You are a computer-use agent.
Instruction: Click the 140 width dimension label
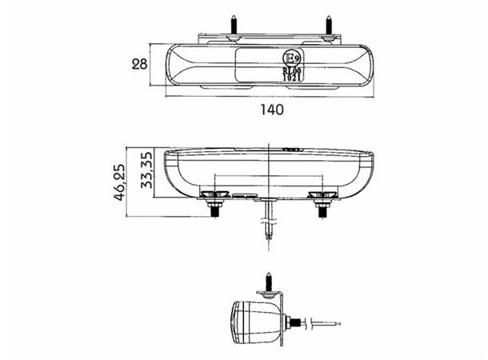coord(272,110)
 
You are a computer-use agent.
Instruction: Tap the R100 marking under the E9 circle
coord(293,70)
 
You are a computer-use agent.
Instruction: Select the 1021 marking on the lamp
coord(293,78)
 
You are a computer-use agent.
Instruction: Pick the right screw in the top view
coord(330,26)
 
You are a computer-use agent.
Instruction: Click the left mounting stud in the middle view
coord(216,206)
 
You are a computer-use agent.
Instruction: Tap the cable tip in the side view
coord(337,324)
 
